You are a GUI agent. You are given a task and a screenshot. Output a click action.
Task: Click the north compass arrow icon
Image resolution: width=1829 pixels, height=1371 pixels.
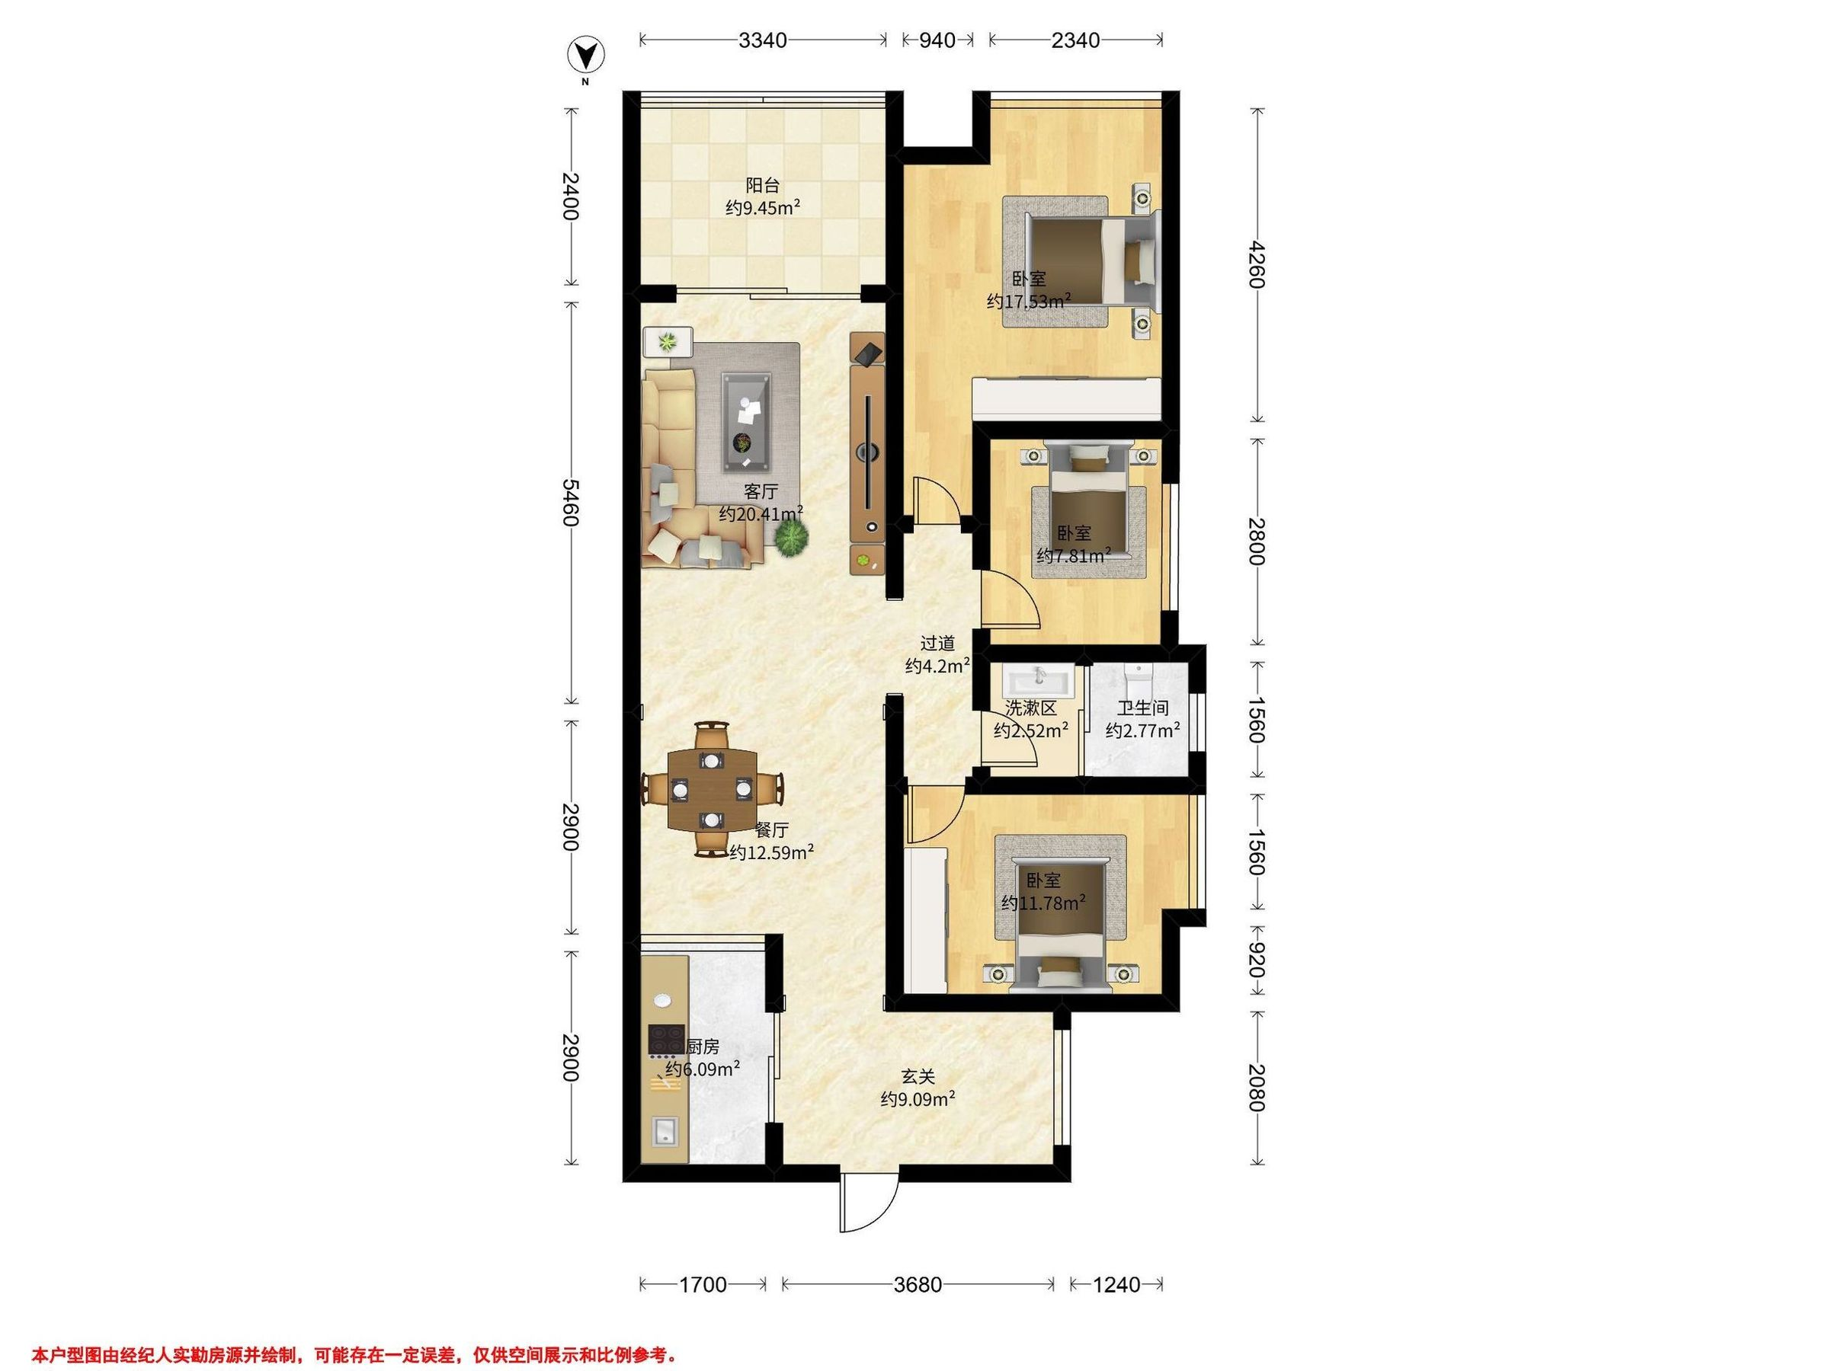[585, 56]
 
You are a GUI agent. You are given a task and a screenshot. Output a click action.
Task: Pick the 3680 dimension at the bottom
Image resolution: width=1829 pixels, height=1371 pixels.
[918, 1284]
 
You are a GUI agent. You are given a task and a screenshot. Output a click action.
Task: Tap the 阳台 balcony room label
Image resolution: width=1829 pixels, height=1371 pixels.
[762, 185]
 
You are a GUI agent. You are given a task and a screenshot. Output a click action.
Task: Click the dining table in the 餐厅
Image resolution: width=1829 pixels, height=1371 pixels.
[711, 789]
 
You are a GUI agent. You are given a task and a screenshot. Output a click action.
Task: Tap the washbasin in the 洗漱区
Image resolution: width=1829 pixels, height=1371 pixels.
[1039, 685]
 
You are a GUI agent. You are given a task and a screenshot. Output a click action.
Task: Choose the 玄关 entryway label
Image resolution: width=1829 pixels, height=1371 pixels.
[918, 1077]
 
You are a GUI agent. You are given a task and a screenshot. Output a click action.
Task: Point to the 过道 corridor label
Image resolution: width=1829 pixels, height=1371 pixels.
[938, 643]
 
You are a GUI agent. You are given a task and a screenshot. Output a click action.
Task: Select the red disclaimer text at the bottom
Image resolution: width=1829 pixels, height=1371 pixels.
[354, 1354]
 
